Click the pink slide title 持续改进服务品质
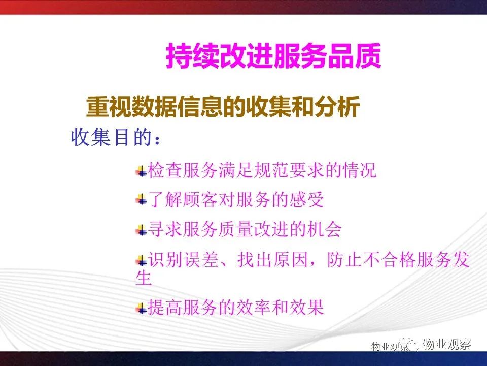(x=273, y=56)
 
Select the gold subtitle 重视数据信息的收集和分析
(x=223, y=107)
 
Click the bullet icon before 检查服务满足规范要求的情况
(x=142, y=171)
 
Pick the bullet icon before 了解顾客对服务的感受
(x=142, y=199)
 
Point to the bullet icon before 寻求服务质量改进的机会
(x=142, y=230)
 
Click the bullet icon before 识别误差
(x=142, y=260)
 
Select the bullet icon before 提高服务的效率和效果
(x=142, y=309)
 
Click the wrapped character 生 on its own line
(x=144, y=278)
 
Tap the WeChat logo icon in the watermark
(x=410, y=344)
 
